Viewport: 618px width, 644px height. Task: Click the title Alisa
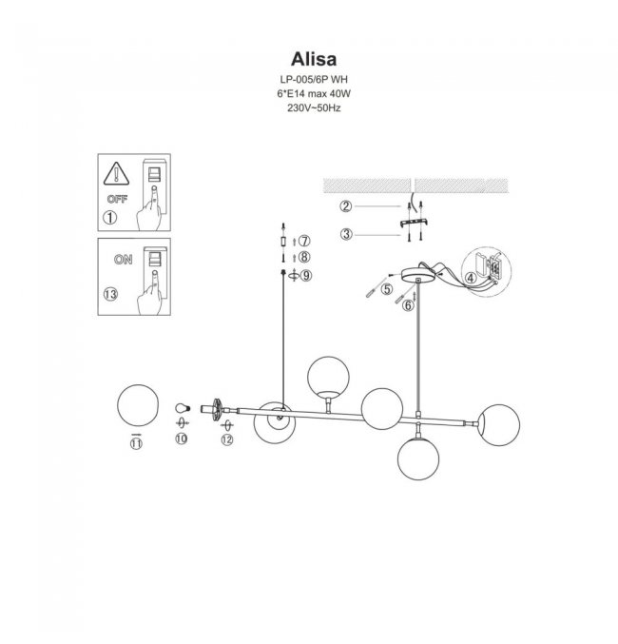click(314, 59)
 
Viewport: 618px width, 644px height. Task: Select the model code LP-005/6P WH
click(314, 79)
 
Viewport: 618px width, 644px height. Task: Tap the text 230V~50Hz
click(314, 108)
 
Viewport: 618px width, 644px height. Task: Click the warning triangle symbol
click(116, 174)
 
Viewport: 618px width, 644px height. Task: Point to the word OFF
click(118, 199)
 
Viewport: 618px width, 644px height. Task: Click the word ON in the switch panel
click(124, 260)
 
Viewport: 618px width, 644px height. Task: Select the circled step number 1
click(110, 218)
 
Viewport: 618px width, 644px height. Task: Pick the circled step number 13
click(110, 294)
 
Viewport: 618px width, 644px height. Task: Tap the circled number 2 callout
click(346, 205)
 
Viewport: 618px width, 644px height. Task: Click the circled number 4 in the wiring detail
click(471, 278)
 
